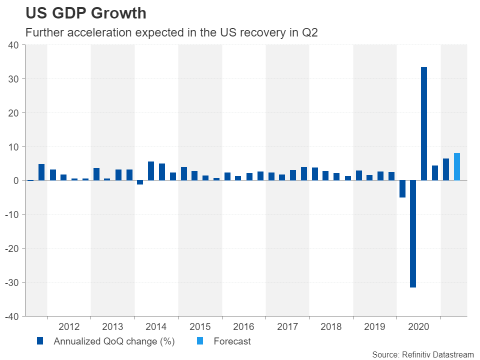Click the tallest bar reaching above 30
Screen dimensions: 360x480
coord(424,123)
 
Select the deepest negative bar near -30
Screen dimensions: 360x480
coord(413,234)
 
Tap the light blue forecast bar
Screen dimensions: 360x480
coord(457,166)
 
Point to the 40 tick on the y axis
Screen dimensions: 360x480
coord(13,45)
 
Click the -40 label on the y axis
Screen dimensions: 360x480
coord(12,316)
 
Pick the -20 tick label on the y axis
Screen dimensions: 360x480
coord(12,248)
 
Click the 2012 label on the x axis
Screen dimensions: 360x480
coord(69,327)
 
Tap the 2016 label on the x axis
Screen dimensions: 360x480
coord(244,327)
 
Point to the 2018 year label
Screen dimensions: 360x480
coord(331,327)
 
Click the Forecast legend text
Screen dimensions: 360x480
coord(232,342)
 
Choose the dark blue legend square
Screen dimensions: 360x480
coord(40,342)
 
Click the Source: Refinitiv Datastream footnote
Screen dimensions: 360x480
coord(422,354)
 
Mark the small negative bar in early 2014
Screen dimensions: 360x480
coord(140,182)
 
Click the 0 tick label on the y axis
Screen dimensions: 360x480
coord(16,180)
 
